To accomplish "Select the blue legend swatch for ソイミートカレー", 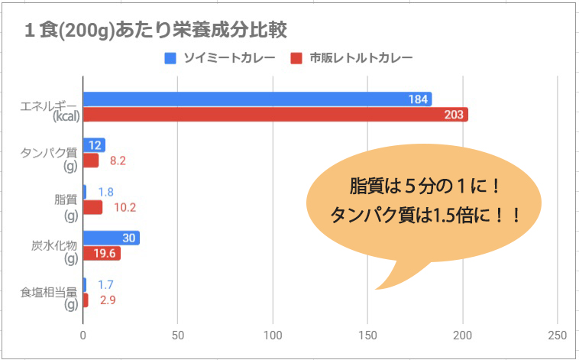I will tap(171, 58).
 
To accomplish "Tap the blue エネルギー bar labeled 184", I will tap(257, 99).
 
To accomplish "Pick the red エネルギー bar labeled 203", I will tap(275, 115).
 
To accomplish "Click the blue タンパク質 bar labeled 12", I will tap(94, 145).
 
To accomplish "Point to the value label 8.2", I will tap(118, 161).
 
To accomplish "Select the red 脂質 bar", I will tap(92, 207).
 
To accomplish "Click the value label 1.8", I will tap(106, 192).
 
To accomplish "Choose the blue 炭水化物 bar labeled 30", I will tap(111, 238).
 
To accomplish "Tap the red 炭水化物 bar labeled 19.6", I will tap(102, 254).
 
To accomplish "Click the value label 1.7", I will tap(106, 285).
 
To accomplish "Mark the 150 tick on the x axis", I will tap(368, 336).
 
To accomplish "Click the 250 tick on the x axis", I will tap(558, 336).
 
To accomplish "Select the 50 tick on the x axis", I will tap(178, 336).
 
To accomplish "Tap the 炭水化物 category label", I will tap(56, 245).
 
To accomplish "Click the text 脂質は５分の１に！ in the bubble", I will tap(424, 187).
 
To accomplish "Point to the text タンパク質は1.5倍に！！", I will tap(425, 215).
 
